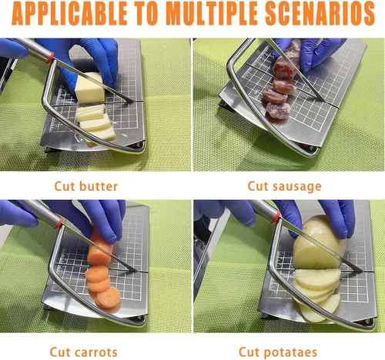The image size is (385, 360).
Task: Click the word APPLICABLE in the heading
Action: tap(69, 13)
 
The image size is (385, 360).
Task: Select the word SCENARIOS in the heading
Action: tap(320, 13)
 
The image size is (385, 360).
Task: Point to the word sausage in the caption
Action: tap(297, 187)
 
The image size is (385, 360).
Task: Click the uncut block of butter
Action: tap(90, 88)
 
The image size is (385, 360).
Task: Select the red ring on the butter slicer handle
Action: tap(50, 58)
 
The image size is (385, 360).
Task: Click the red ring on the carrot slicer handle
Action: tap(59, 223)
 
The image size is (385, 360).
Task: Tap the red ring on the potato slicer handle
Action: tap(276, 217)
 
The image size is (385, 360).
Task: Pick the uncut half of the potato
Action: tap(319, 242)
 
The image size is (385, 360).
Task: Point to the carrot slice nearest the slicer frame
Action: tap(109, 298)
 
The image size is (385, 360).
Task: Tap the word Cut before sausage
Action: tap(258, 186)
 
